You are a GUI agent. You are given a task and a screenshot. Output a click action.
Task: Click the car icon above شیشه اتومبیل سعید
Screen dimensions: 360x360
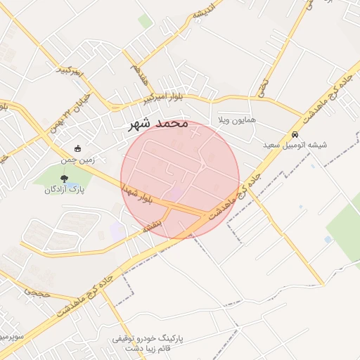coord(295,134)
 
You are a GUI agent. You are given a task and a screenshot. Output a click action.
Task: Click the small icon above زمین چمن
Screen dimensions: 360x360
coord(77,148)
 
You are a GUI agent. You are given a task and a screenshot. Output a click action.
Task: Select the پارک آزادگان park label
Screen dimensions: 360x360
coord(65,190)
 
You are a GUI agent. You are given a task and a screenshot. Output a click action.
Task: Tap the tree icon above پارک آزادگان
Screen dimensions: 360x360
coord(65,179)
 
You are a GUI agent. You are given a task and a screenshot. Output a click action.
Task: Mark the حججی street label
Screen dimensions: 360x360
coord(37,291)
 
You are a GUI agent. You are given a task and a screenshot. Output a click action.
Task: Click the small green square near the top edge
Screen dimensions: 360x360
coord(145,22)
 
